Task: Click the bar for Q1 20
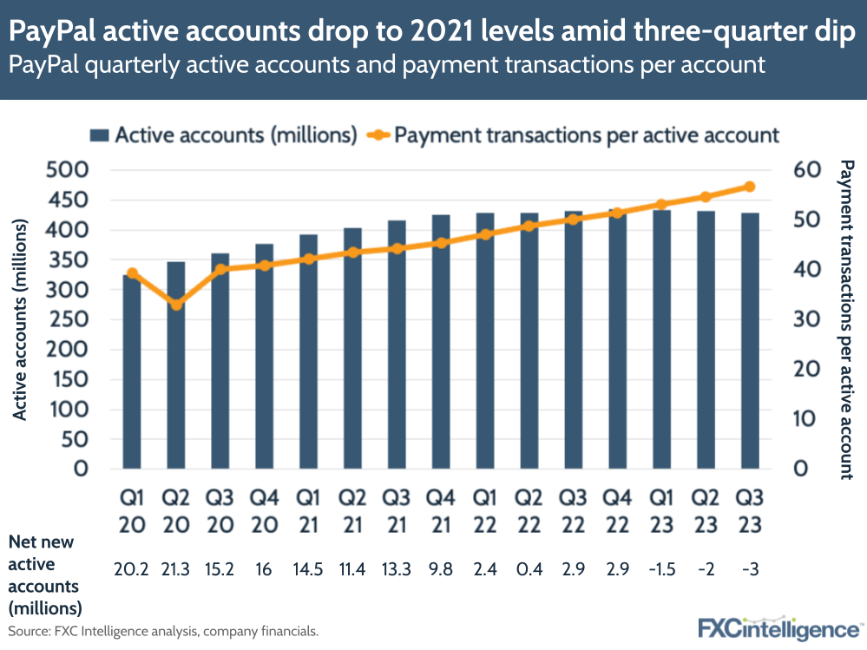(132, 373)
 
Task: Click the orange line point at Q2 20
(176, 305)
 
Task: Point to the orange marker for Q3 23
(750, 187)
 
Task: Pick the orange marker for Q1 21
(309, 259)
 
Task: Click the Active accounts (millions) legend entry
(224, 135)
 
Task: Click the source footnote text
(163, 631)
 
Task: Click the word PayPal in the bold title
(53, 33)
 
